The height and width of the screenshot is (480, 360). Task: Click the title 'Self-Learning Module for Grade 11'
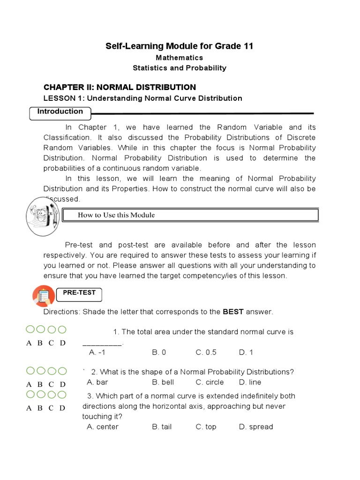(x=180, y=46)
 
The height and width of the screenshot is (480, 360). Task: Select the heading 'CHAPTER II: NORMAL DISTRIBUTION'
(x=120, y=87)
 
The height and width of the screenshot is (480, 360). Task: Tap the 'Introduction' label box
(x=60, y=112)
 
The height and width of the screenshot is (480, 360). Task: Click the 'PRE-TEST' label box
(x=79, y=293)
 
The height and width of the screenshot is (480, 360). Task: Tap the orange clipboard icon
(x=44, y=296)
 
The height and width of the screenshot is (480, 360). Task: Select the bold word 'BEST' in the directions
(x=233, y=312)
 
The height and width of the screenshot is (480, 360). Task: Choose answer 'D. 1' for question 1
(x=246, y=352)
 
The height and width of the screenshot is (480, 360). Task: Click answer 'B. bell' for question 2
(x=163, y=382)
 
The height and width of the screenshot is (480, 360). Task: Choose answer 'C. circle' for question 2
(x=210, y=382)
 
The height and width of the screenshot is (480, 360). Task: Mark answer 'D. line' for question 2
(x=250, y=382)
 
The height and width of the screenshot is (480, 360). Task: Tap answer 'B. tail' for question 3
(x=162, y=427)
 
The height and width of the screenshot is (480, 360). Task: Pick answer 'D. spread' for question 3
(x=255, y=427)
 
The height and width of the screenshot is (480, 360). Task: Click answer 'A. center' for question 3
(x=103, y=427)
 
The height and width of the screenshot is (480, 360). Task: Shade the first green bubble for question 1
(x=30, y=330)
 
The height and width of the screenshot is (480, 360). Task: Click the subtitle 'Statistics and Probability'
(x=180, y=68)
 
